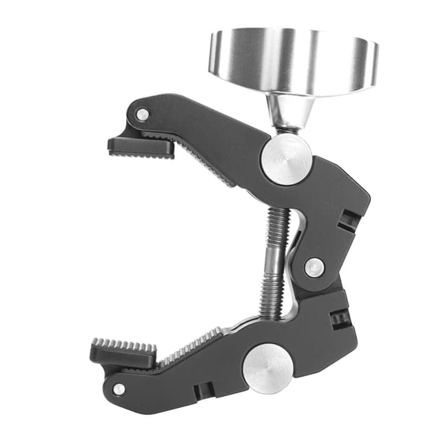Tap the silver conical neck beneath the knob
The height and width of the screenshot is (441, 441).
(290, 110)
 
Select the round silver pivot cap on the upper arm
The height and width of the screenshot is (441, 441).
(286, 159)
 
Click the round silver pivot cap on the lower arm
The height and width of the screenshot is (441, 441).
(269, 368)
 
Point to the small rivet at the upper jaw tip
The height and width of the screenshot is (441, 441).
(142, 114)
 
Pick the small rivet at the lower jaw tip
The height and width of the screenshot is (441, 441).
(119, 389)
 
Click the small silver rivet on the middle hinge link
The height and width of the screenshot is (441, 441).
(314, 267)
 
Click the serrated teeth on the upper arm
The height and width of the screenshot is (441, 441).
(207, 162)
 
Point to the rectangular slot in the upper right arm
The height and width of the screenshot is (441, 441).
(349, 220)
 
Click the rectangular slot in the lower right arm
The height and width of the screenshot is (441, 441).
(340, 318)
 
